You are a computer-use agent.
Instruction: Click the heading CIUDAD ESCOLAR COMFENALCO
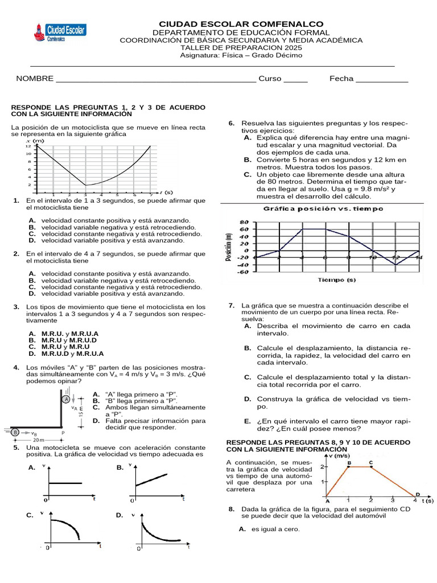point(241,24)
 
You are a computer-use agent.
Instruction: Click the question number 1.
point(17,201)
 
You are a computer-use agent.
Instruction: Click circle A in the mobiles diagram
point(67,400)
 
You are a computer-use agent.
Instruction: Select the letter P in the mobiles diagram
point(63,433)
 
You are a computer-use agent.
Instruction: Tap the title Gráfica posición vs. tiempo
point(323,209)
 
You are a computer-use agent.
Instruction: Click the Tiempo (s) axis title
point(337,280)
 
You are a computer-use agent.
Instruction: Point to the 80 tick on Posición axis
point(245,222)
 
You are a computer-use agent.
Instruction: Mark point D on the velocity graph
point(417,494)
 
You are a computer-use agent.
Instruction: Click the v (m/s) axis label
point(340,455)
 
